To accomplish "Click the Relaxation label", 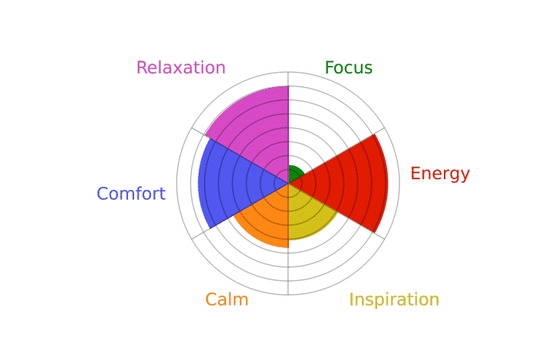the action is point(181,67).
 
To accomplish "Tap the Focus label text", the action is point(349,67).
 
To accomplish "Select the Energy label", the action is point(440,175).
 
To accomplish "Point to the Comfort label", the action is point(131,194).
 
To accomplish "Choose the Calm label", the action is point(227,299).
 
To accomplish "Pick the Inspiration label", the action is point(394,300).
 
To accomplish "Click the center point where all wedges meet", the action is point(288,183).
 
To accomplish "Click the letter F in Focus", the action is point(329,67).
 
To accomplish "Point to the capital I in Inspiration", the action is point(352,299).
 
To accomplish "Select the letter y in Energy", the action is point(464,176).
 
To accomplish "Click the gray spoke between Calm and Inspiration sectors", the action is point(288,239).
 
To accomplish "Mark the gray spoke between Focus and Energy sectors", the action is point(337,155).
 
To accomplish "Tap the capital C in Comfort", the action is point(103,194).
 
